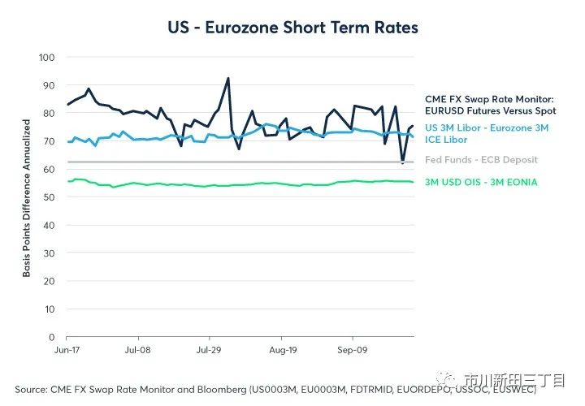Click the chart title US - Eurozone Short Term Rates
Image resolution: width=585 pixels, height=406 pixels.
click(292, 28)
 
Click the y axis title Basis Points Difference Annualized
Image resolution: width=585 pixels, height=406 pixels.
click(26, 197)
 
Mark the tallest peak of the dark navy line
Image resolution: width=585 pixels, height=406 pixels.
click(228, 79)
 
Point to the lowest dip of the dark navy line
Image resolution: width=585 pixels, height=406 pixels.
click(402, 162)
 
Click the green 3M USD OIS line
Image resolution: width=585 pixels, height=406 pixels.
click(244, 184)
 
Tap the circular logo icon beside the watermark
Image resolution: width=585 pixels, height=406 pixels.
click(451, 378)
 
